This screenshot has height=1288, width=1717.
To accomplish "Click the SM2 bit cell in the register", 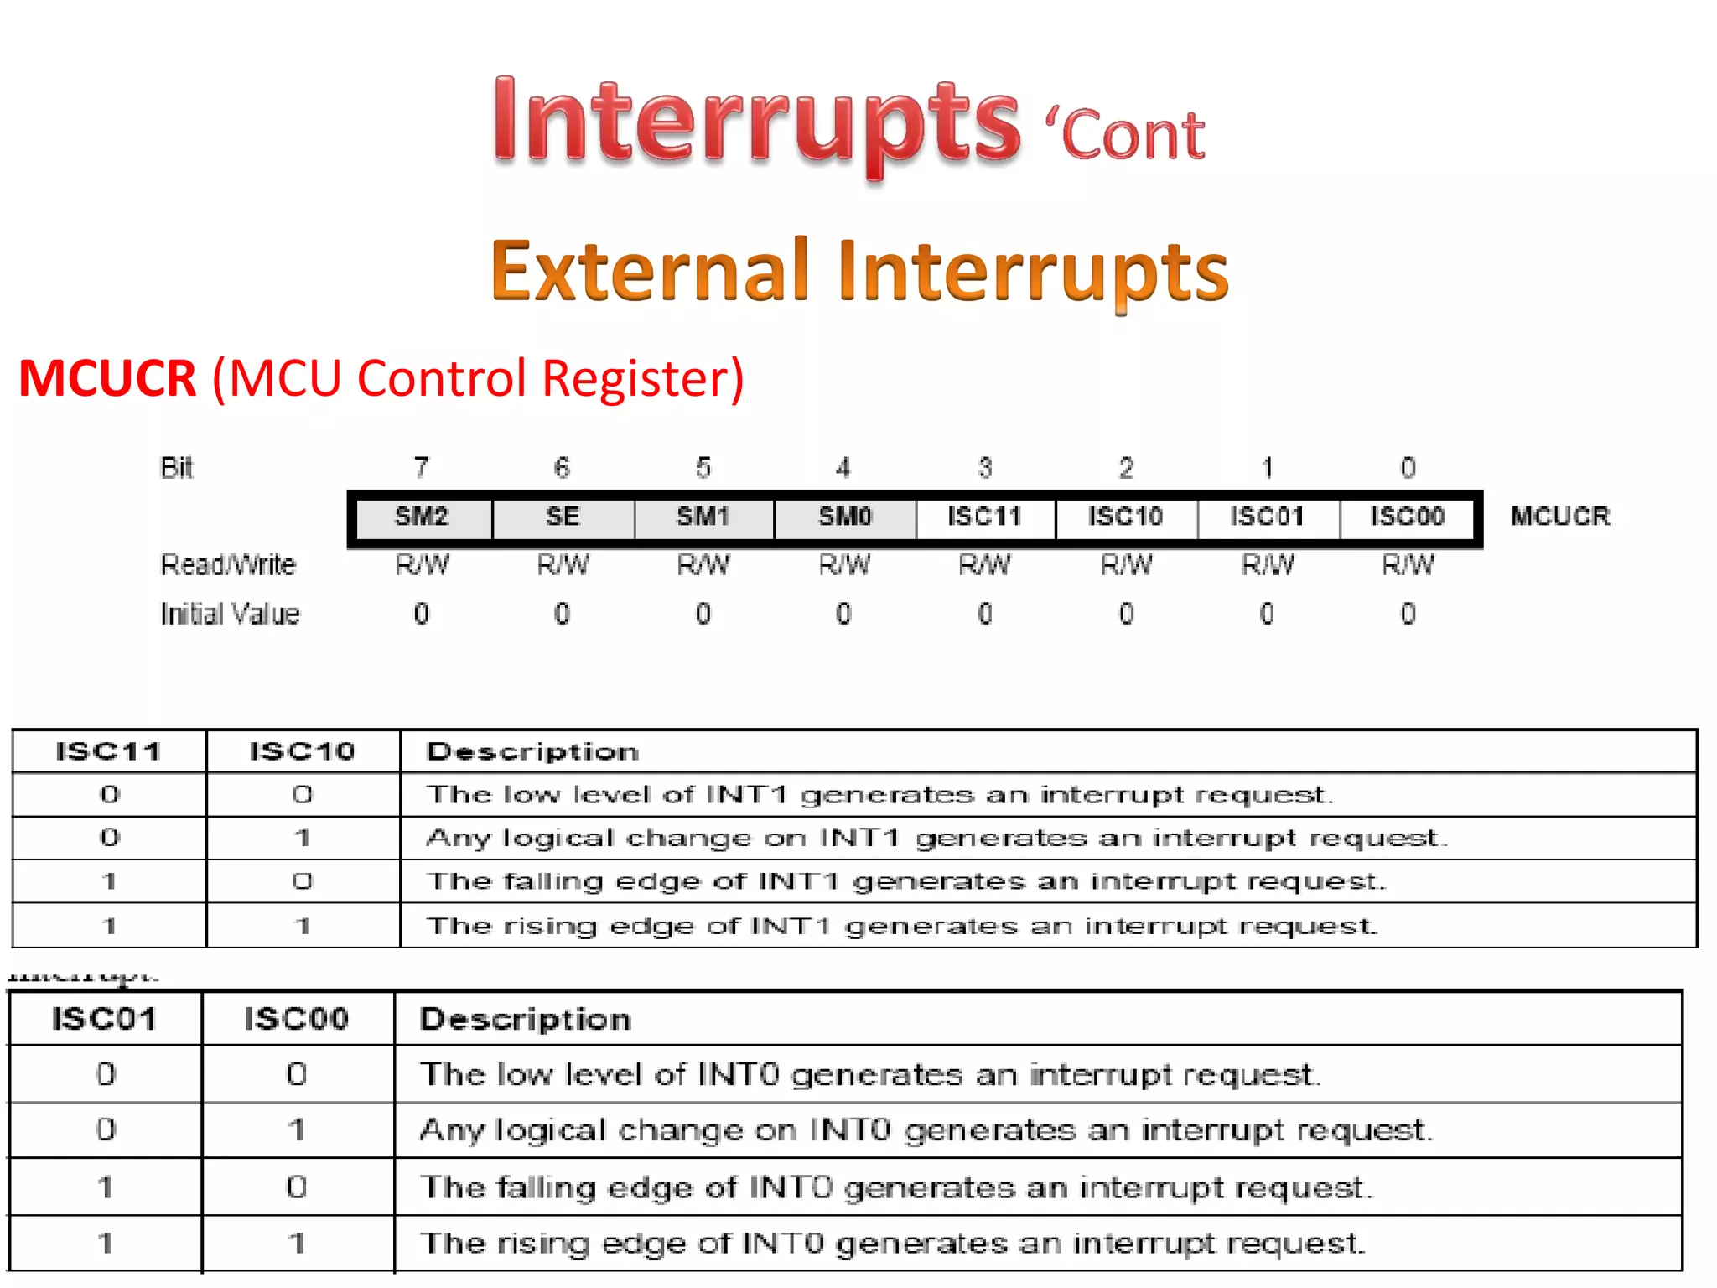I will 422,517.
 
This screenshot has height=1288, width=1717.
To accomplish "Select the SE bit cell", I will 563,517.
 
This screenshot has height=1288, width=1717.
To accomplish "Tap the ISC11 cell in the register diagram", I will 985,517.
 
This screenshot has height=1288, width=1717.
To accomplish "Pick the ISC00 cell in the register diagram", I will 1408,517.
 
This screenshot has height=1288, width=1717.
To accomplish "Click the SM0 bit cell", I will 845,517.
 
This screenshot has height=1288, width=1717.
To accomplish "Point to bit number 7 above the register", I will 422,467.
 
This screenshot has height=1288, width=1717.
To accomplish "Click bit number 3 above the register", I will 985,467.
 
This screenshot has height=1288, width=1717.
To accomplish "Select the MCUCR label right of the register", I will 1560,517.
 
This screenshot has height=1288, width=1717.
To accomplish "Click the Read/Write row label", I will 228,565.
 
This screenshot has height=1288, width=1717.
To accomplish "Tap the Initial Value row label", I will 230,615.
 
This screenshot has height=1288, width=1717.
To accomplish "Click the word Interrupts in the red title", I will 756,122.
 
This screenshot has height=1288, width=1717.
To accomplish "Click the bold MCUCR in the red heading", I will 107,378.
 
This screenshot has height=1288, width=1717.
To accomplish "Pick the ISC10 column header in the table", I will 302,751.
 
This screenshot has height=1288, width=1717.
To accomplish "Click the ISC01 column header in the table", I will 104,1020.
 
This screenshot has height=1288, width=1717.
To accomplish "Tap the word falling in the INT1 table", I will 553,882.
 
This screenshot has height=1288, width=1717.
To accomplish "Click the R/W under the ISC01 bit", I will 1268,565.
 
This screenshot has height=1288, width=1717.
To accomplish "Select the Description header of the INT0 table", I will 526,1020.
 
